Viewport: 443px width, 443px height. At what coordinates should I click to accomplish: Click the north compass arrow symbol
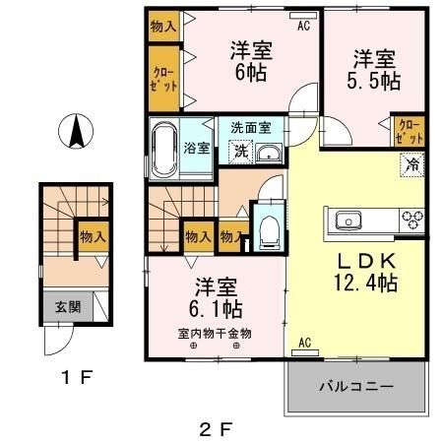click(x=76, y=129)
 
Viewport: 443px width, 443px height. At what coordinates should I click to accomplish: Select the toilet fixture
click(x=266, y=229)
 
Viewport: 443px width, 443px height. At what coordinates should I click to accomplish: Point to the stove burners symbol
click(x=411, y=219)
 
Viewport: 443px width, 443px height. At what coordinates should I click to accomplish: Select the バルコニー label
click(x=356, y=385)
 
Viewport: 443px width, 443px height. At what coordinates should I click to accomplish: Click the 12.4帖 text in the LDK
click(x=366, y=284)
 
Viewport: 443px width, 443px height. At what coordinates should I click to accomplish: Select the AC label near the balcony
click(x=304, y=343)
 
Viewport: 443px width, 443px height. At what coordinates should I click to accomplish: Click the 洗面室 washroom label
click(x=257, y=128)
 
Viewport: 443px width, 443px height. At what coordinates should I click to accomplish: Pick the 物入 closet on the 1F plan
click(x=93, y=237)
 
